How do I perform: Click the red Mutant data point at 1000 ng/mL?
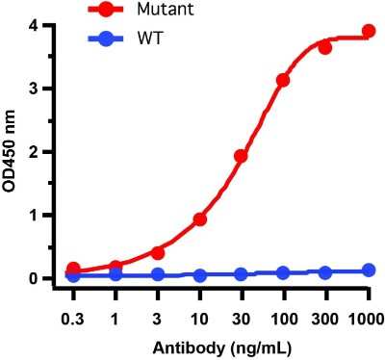[x=368, y=32]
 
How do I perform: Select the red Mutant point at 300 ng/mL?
[x=325, y=47]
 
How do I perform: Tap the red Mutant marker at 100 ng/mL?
[x=283, y=80]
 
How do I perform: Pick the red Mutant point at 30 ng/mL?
[x=242, y=156]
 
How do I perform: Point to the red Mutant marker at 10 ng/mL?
[x=200, y=219]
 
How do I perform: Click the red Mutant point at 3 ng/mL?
[x=158, y=253]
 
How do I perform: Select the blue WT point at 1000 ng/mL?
[x=368, y=270]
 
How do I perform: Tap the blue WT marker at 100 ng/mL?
[x=283, y=273]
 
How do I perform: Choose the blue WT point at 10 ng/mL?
[x=200, y=275]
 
